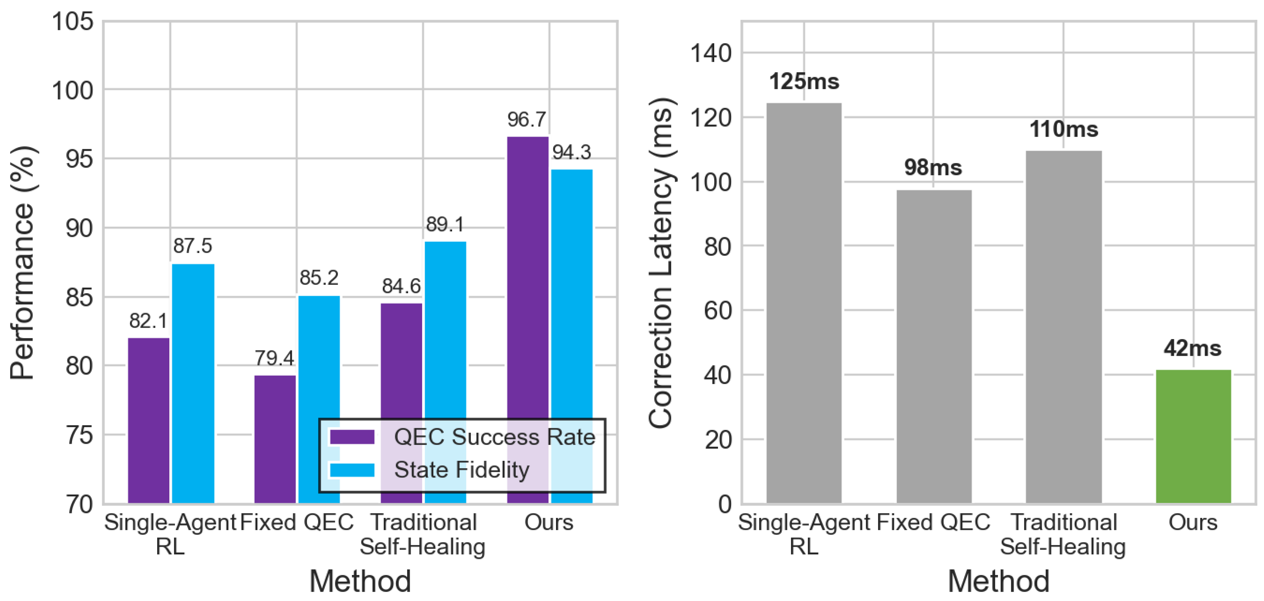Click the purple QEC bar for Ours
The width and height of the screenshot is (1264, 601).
(528, 275)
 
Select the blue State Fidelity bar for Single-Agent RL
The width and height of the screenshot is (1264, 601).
(193, 383)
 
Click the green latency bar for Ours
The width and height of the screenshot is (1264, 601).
(1193, 436)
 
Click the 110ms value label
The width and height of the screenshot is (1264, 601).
(1063, 129)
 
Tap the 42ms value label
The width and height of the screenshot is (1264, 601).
(1192, 348)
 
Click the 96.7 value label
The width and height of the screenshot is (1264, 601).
(526, 119)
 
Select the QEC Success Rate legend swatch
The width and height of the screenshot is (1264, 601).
(352, 436)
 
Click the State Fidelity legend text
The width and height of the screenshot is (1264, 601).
(462, 470)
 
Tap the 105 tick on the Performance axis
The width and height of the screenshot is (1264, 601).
(73, 22)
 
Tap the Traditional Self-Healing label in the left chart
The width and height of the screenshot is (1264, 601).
(422, 534)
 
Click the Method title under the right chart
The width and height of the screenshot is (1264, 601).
(999, 582)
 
